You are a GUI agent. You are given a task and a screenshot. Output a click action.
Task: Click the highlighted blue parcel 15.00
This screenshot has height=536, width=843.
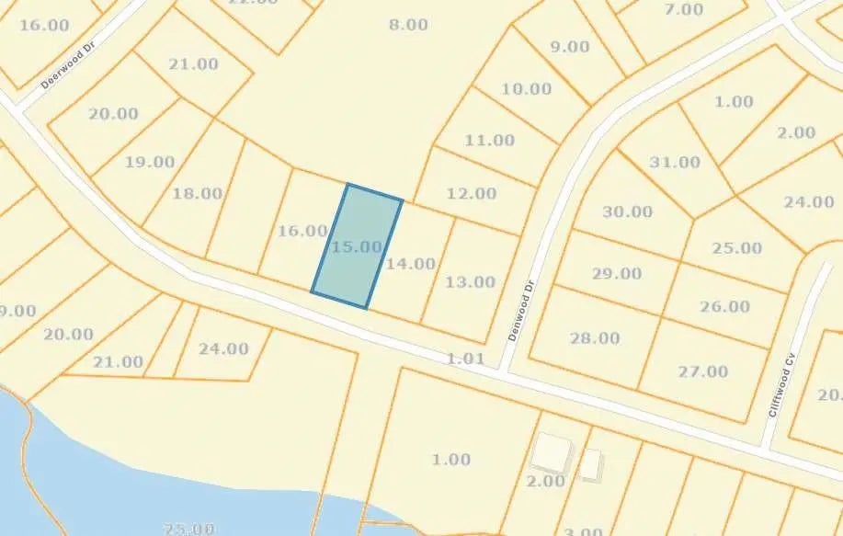tap(358, 246)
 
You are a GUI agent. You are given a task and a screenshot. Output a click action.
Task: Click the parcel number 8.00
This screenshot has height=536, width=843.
tap(408, 25)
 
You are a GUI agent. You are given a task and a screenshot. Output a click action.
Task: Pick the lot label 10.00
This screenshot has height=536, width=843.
tap(527, 89)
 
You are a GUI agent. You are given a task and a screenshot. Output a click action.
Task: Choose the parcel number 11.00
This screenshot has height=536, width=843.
tap(489, 141)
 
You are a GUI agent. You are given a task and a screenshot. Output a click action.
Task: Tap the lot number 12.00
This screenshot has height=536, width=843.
tap(471, 194)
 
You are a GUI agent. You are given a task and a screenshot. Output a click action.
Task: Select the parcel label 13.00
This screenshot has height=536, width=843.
tap(470, 282)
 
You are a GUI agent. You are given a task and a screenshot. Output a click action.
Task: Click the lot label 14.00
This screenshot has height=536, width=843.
tap(410, 264)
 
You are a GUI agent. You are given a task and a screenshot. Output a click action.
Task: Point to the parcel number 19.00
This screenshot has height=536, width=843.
tap(150, 162)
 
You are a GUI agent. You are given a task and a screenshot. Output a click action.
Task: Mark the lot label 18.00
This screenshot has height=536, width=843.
tap(197, 193)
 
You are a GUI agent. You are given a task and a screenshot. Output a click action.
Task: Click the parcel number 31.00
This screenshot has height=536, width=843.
tap(675, 162)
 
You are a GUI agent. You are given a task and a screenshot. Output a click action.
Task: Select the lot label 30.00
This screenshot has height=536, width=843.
tap(627, 211)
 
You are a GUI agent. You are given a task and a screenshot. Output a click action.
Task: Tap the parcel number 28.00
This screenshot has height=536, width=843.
tap(595, 339)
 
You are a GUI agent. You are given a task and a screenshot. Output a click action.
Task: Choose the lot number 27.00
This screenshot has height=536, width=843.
tap(702, 371)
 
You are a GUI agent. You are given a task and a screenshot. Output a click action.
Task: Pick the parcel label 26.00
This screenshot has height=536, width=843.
tap(724, 306)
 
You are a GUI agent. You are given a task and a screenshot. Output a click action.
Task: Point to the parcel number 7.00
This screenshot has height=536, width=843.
tap(683, 9)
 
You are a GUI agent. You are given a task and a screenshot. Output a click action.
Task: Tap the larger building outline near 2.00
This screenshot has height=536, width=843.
tap(553, 452)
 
